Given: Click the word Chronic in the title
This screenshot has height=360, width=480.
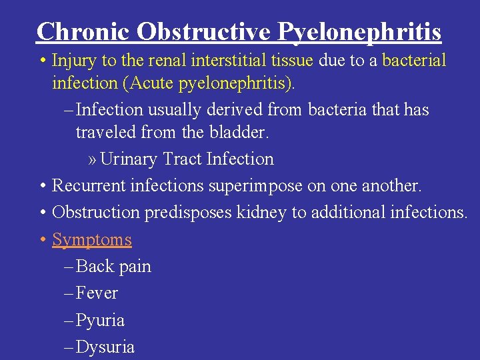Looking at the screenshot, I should coord(76,31).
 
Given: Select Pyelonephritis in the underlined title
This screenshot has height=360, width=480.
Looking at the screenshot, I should coord(359,31).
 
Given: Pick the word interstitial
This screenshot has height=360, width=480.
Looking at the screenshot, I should coord(223,61).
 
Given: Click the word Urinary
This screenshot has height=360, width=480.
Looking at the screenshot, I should coord(131,159).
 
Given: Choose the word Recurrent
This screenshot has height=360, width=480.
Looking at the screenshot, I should coord(89,186).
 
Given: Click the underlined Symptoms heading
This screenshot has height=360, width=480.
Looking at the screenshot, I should coord(92,239).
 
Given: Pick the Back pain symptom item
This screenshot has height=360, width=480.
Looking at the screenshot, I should coord(114,267).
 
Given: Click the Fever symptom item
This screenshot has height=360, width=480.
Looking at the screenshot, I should coord(97,293).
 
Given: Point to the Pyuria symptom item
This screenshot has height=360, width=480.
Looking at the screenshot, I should coord(101,321).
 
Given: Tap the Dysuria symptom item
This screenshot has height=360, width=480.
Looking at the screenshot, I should coord(105,347).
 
